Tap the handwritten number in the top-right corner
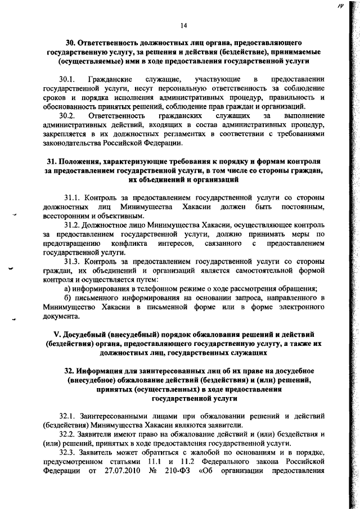click(341, 6)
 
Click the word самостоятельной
click(259, 271)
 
